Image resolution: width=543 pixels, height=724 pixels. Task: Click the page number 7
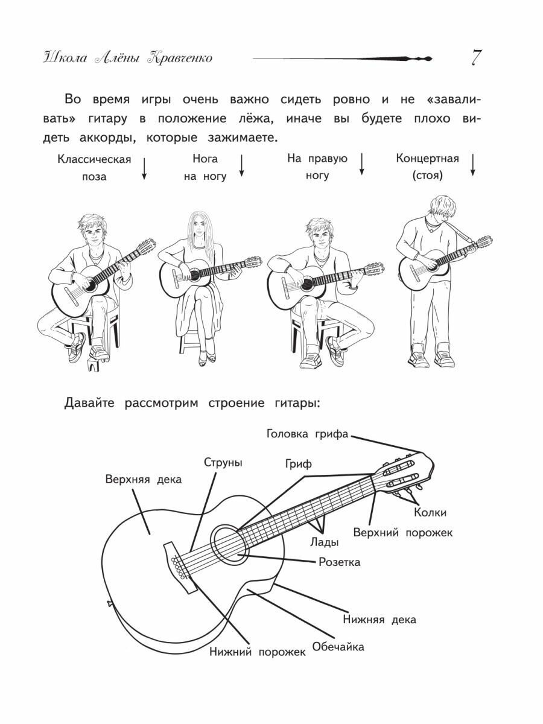475,58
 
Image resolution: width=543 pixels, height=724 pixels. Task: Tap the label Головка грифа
308,434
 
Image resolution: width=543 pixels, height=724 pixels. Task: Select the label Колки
430,512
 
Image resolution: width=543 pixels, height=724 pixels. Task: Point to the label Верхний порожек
402,533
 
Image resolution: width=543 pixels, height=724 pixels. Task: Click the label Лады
325,541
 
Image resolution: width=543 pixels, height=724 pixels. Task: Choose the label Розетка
339,562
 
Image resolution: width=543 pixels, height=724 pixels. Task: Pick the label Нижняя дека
379,619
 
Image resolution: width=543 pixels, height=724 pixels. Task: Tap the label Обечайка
338,647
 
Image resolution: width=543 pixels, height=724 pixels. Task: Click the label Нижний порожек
258,652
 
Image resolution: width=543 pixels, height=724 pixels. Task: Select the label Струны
223,463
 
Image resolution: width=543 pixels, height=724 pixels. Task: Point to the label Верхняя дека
144,479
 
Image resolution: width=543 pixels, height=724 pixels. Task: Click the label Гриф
299,465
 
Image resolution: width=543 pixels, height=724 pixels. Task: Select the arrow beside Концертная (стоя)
473,164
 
